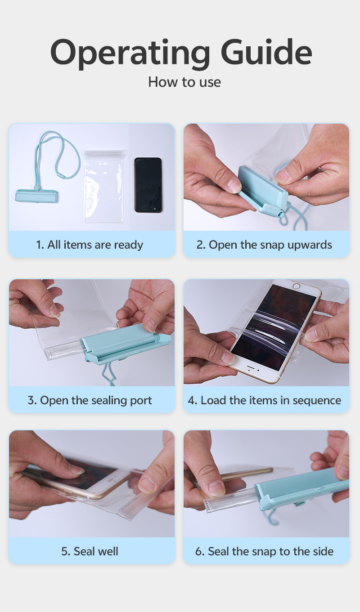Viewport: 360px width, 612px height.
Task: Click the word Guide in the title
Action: [266, 51]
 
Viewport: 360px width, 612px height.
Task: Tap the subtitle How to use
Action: [184, 82]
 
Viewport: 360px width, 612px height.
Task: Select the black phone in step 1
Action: [148, 185]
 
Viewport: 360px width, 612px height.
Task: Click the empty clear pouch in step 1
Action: [104, 187]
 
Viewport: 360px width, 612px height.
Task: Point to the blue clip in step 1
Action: [36, 196]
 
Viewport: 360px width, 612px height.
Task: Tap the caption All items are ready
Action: [90, 245]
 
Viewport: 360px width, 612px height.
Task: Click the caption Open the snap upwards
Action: [264, 245]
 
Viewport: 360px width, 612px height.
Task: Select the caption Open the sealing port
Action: [90, 400]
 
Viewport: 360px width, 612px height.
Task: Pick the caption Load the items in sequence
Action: [264, 400]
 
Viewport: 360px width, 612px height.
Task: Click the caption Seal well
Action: [90, 551]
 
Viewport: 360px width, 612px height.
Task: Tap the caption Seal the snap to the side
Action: [264, 551]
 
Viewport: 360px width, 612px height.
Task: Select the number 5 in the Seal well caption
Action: [65, 551]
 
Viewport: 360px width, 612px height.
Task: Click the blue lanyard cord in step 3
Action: [109, 375]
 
